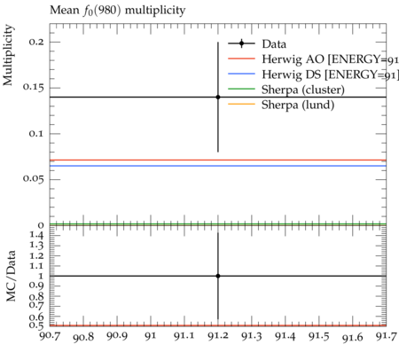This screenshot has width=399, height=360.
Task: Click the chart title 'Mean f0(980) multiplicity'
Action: (x=117, y=11)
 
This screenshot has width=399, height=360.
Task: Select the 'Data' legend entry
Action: (x=257, y=43)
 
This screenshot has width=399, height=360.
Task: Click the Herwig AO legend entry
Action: (x=313, y=59)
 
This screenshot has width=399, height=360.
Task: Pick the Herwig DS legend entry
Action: (x=313, y=74)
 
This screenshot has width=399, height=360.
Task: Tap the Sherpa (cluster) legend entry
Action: (x=286, y=90)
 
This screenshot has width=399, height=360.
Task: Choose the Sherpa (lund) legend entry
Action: (x=281, y=105)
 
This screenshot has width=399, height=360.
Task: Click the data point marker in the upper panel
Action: (x=218, y=97)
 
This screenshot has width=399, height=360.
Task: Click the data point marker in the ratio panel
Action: (x=218, y=276)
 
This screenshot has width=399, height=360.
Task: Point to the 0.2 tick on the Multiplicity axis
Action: (x=36, y=42)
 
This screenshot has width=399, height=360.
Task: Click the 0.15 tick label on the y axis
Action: (x=34, y=88)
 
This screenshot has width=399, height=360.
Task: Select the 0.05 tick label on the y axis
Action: (x=34, y=179)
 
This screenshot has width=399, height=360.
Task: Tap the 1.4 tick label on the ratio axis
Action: (x=36, y=235)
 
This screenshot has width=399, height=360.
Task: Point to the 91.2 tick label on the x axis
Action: (x=218, y=336)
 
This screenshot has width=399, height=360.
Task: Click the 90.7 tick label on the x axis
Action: (x=50, y=336)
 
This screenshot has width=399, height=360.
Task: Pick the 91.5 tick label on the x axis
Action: (x=319, y=336)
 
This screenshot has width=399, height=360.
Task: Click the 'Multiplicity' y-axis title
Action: (x=8, y=55)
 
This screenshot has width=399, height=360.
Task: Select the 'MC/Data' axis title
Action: (x=11, y=276)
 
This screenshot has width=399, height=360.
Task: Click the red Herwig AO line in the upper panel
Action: (x=218, y=160)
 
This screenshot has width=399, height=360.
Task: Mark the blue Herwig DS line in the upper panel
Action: (x=218, y=166)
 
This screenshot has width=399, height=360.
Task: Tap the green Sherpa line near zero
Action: (x=218, y=224)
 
